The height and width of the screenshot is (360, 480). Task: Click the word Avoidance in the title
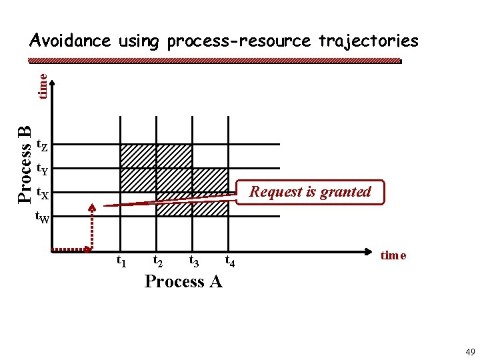pyautogui.click(x=70, y=41)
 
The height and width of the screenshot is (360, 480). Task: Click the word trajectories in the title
pyautogui.click(x=368, y=41)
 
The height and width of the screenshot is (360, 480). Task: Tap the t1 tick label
pyautogui.click(x=122, y=261)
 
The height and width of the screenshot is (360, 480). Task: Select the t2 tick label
pyautogui.click(x=159, y=261)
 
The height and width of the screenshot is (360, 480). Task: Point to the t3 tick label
pyautogui.click(x=195, y=261)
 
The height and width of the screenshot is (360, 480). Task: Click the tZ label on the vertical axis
pyautogui.click(x=41, y=145)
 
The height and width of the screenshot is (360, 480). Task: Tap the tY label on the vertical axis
pyautogui.click(x=41, y=169)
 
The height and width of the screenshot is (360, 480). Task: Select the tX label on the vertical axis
pyautogui.click(x=41, y=194)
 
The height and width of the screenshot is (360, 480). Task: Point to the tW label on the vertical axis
pyautogui.click(x=41, y=217)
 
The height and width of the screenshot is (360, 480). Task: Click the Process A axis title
pyautogui.click(x=183, y=281)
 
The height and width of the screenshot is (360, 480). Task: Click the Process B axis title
pyautogui.click(x=25, y=163)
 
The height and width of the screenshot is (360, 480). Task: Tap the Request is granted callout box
pyautogui.click(x=310, y=192)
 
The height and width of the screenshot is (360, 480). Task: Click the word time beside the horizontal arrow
pyautogui.click(x=393, y=255)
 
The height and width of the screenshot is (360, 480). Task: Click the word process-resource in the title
pyautogui.click(x=239, y=41)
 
